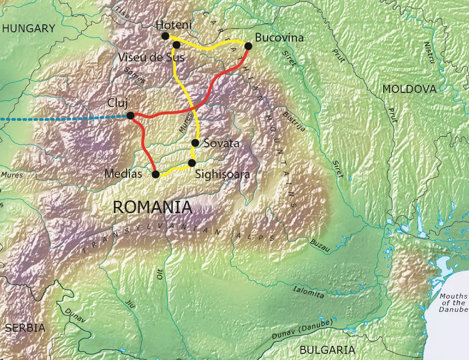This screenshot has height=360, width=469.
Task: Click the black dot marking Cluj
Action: tap(130, 115)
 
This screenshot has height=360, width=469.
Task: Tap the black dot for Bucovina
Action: tap(248, 46)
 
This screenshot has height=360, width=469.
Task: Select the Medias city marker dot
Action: tap(156, 174)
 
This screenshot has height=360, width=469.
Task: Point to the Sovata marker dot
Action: tap(195, 143)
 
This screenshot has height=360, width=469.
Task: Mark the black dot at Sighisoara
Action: tap(192, 163)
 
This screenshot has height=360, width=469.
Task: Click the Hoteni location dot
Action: tap(165, 36)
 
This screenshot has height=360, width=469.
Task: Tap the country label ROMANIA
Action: tap(153, 207)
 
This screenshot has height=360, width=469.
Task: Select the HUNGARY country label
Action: tap(29, 29)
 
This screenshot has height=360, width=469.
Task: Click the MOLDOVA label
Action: tap(409, 89)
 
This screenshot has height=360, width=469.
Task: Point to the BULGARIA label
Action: tap(327, 350)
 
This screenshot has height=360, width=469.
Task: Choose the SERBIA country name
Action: tap(25, 328)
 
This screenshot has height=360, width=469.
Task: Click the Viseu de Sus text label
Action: tap(151, 57)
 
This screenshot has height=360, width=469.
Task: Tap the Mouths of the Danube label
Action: tap(453, 303)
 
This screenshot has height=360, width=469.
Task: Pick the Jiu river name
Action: tap(130, 305)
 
